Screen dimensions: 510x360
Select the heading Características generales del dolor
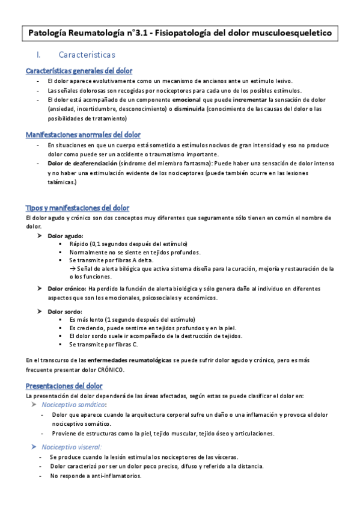pyautogui.click(x=79, y=70)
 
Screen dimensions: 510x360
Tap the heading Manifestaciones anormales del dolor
pyautogui.click(x=84, y=134)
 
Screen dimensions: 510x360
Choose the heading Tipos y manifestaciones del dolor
pyautogui.click(x=78, y=207)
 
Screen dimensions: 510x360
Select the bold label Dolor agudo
pyautogui.click(x=66, y=236)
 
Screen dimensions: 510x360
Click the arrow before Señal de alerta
pyautogui.click(x=73, y=268)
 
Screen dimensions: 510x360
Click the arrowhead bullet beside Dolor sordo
pyautogui.click(x=40, y=311)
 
